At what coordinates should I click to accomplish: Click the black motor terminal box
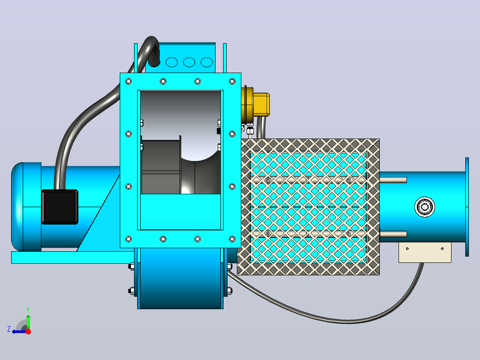(60, 207)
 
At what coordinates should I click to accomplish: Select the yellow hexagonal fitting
(261, 104)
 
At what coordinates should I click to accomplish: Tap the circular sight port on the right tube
(425, 207)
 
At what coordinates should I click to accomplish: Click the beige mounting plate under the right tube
(425, 253)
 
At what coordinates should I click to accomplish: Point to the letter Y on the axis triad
(28, 310)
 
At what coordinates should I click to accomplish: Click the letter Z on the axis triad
(9, 329)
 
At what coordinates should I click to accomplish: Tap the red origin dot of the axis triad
(28, 331)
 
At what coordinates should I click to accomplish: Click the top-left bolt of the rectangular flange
(129, 81)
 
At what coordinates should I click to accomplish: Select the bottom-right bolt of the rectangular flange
(232, 239)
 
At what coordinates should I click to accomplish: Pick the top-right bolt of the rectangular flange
(232, 81)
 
